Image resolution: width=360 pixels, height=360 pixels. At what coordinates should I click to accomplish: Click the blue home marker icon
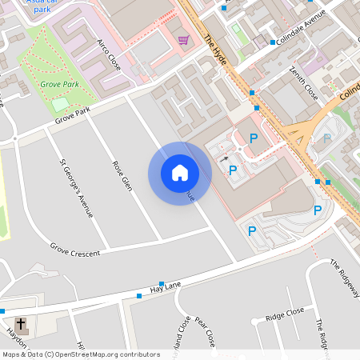pos(180,173)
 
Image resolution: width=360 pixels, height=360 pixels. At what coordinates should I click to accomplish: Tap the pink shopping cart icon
pos(184,40)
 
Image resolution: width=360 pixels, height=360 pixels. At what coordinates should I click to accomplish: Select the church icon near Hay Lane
pos(21,326)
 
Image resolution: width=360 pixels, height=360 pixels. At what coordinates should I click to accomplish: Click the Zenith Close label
pos(304,83)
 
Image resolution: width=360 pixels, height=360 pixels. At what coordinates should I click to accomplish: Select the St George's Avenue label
pos(77,188)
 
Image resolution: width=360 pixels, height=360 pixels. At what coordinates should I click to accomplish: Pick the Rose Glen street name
pos(122,175)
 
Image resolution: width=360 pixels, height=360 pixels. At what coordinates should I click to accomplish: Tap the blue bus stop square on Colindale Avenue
pos(273,42)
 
